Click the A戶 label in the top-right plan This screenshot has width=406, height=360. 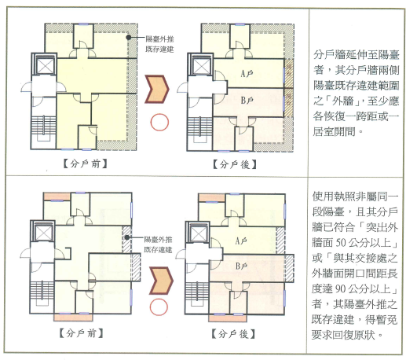coord(247,74)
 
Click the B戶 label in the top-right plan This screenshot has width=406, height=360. coord(247,100)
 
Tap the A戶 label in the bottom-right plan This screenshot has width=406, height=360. coord(241,241)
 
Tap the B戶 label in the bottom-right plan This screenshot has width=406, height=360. coord(241,266)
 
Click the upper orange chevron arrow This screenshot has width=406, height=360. coord(157,89)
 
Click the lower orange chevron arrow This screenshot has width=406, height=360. coord(161,281)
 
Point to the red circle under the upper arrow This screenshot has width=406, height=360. coord(159,122)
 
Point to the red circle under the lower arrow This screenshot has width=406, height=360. coord(159,307)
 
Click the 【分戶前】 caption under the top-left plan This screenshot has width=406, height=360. coord(86,164)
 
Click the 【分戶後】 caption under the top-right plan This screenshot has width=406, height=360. coord(234,164)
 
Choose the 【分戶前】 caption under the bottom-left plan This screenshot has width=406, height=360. coord(81,333)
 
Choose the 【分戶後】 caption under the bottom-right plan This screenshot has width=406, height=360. coord(233,334)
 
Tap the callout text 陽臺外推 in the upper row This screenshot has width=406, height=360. coord(159,39)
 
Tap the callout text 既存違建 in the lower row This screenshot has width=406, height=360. coord(158,250)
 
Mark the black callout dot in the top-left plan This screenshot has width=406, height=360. coord(129,38)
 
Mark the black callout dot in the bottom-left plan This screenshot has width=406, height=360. coord(127,237)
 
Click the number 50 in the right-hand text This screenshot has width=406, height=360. coord(341,243)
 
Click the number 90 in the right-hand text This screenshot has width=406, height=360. coord(341,288)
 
